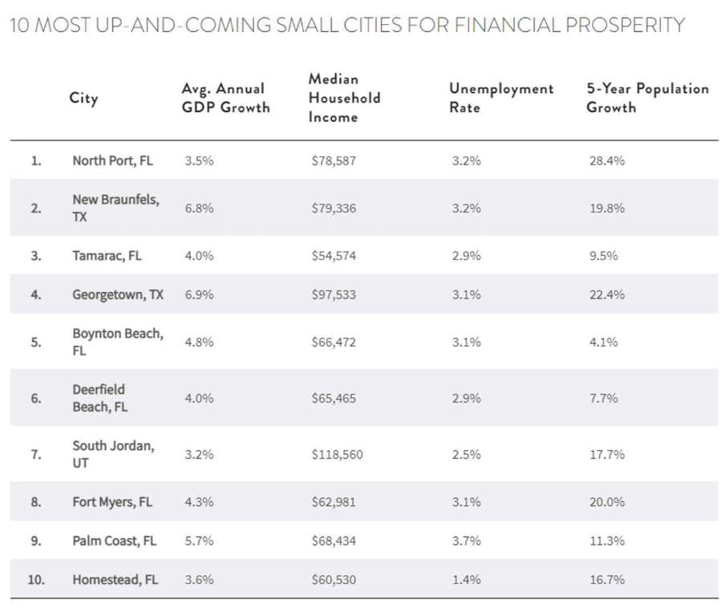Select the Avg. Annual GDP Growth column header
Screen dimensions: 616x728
point(225,98)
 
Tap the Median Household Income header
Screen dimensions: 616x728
point(344,98)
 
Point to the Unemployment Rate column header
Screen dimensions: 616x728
point(501,98)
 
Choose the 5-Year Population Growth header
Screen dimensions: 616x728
point(648,98)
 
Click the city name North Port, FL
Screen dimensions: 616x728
point(112,160)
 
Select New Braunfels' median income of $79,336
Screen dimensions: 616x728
point(334,208)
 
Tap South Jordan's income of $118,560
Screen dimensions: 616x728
point(338,454)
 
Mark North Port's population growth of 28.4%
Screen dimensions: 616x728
point(606,160)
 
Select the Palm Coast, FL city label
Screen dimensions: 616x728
point(114,541)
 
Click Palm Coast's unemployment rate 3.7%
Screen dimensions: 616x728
point(466,541)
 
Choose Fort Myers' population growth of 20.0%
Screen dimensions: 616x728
point(606,502)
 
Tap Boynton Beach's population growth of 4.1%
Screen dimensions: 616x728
point(603,342)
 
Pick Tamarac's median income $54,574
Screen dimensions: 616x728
point(334,256)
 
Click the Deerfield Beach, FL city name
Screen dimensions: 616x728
point(99,398)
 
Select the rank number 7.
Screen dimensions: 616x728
point(35,454)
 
